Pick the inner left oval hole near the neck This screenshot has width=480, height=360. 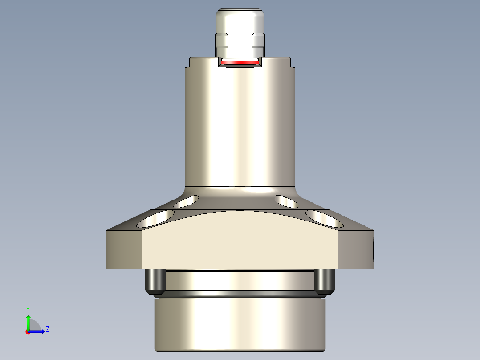pos(187,202)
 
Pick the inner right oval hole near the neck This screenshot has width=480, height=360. pos(286,201)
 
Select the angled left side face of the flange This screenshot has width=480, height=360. pos(124,250)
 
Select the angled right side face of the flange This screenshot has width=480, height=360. pos(356,250)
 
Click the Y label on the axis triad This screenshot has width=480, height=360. pos(28,309)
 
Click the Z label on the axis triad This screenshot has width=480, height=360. pos(47,329)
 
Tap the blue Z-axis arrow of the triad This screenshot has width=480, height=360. pos(38,331)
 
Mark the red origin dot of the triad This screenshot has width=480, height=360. pos(28,332)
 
